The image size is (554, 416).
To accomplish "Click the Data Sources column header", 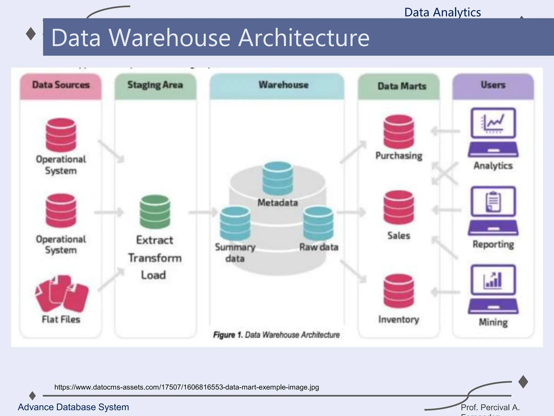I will [61, 85].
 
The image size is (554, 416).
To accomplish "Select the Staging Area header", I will [155, 85].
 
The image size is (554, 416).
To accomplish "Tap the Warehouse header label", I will [283, 85].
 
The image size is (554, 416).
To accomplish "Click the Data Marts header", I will [402, 86].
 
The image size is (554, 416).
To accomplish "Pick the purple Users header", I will [493, 85].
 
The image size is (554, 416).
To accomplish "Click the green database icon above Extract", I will [155, 212].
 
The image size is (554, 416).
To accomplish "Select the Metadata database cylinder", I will [278, 178].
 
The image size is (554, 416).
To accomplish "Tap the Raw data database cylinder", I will [318, 223].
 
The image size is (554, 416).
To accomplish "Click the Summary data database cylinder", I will [235, 223].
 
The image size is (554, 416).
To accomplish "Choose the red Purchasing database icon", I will [398, 132].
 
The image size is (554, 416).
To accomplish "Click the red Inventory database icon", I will [398, 291].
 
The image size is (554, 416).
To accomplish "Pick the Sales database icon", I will [398, 207].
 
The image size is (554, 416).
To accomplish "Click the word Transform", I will [155, 258].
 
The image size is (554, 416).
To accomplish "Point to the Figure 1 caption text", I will [276, 335].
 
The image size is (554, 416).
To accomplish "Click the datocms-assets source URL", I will [187, 387].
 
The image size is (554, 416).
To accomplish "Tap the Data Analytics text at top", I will [443, 12].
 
